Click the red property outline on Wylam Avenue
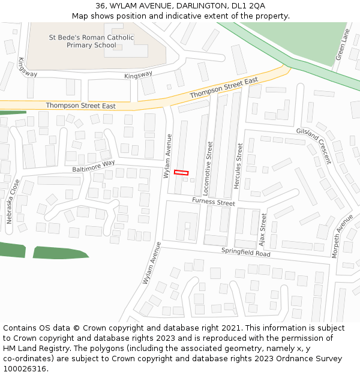(181, 172)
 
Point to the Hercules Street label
(239, 166)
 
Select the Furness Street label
(214, 202)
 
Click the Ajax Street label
(263, 226)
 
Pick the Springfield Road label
(246, 252)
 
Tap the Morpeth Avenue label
(343, 236)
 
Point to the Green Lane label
(342, 44)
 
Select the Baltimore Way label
(94, 166)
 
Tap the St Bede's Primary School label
(91, 41)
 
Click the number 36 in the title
(100, 5)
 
